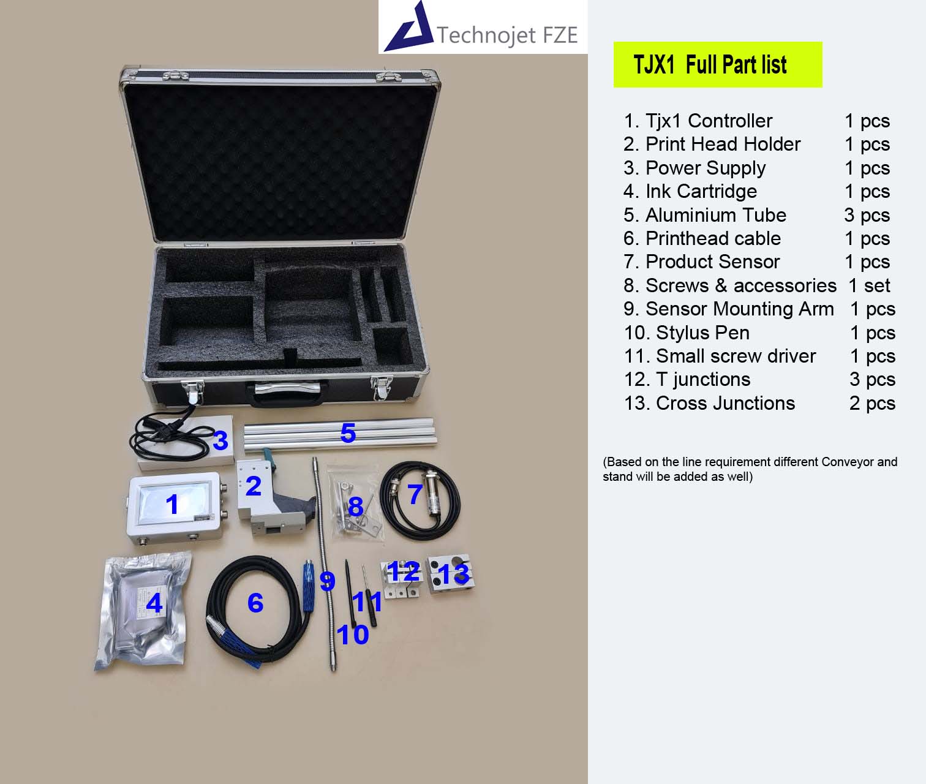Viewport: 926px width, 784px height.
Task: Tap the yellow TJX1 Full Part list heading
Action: pos(718,64)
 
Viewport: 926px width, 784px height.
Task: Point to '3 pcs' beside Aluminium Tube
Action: pos(867,215)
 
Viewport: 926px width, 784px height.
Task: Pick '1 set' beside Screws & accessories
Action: pos(869,285)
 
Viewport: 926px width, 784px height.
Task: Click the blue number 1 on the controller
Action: pos(173,504)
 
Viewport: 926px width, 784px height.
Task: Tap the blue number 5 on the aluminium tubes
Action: pos(348,433)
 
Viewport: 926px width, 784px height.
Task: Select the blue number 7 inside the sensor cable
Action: pos(415,494)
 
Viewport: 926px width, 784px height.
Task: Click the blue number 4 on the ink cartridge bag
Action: pos(154,603)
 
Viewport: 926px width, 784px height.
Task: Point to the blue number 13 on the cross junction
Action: pos(453,574)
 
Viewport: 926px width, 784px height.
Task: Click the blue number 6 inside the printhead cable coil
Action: pos(255,603)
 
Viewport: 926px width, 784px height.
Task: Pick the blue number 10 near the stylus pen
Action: pos(353,635)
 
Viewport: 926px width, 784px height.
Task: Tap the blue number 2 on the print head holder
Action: pos(254,486)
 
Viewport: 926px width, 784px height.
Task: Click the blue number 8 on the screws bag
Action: pos(356,507)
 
